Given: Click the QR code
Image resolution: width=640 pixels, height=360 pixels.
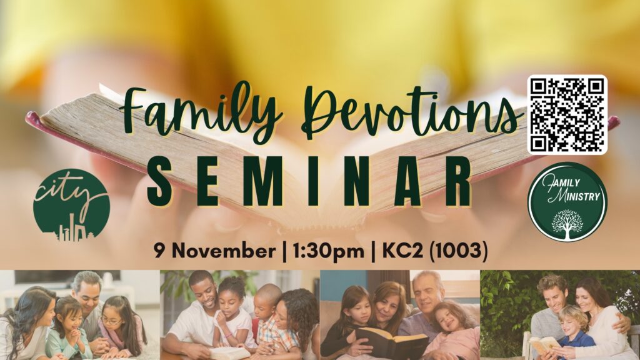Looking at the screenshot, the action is pos(567,115).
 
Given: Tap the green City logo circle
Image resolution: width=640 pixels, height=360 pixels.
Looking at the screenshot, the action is pos(71,205).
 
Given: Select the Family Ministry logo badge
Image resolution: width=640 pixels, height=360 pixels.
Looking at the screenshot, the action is pos(567,202).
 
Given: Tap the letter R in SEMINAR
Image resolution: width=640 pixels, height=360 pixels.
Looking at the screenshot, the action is pos(457,182).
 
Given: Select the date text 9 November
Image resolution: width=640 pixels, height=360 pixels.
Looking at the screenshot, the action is pos(215,250).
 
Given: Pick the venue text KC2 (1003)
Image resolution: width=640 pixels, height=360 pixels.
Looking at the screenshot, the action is pos(435,251).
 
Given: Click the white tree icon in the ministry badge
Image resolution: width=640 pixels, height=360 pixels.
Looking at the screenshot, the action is pos(567,224).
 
